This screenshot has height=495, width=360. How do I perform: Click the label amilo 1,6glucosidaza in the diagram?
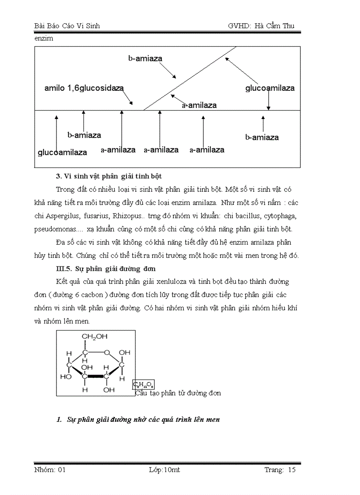[84, 88]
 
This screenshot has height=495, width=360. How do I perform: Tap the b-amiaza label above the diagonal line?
[145, 58]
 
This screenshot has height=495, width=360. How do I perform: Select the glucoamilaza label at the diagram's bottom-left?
[62, 153]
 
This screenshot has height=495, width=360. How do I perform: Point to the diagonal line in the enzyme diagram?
[190, 78]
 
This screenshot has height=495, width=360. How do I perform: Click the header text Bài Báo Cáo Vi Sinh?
[67, 26]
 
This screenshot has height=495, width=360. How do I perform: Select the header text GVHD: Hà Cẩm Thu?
[261, 26]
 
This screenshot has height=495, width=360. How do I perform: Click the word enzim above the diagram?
[44, 38]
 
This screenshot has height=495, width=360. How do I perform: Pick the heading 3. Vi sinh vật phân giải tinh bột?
[109, 176]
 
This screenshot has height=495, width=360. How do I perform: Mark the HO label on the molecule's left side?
[66, 377]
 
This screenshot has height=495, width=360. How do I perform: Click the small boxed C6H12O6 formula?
[144, 385]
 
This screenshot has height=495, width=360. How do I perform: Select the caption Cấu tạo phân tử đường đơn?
[178, 393]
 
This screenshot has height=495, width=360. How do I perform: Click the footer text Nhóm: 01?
[50, 470]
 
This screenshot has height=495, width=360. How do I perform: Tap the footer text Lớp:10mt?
[165, 470]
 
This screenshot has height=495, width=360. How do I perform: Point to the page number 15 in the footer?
[291, 470]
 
